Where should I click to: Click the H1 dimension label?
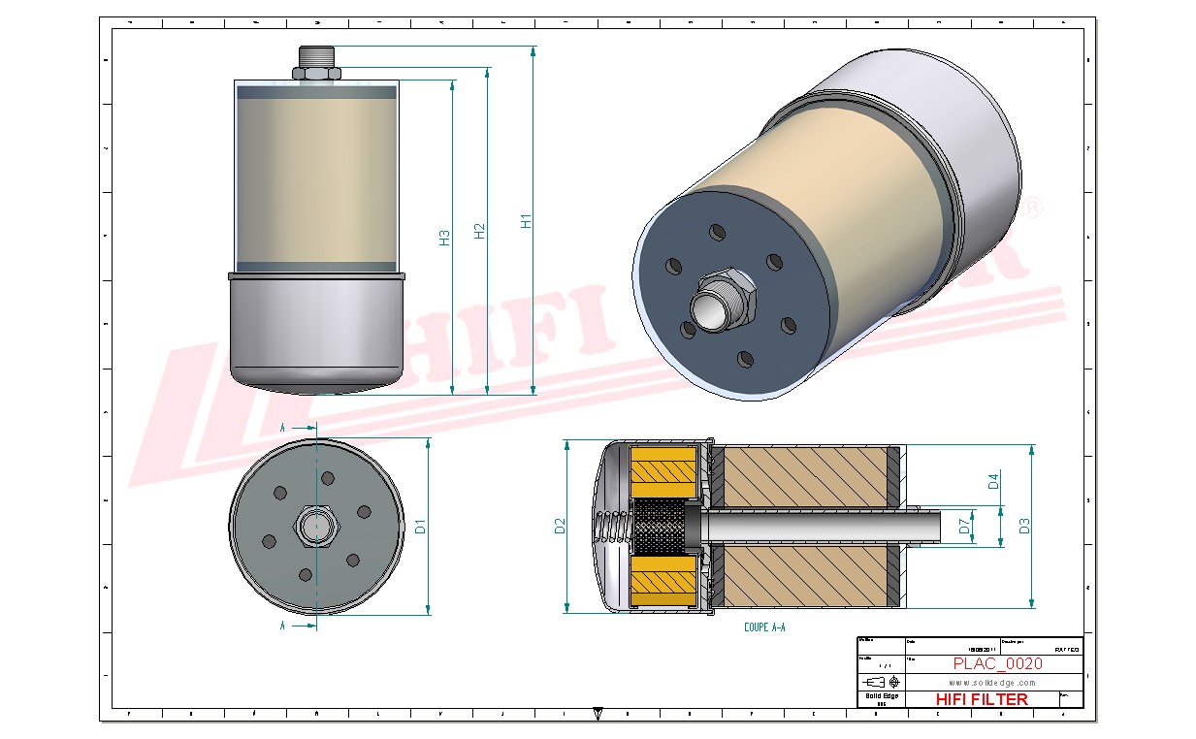(x=526, y=221)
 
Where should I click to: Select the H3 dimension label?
(x=444, y=238)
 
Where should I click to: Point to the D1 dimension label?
(x=421, y=527)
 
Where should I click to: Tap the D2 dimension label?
(x=560, y=527)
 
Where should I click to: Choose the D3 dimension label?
(x=1023, y=526)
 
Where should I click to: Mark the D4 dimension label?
(x=993, y=480)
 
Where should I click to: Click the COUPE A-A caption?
(x=764, y=627)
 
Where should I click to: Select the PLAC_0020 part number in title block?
(x=997, y=664)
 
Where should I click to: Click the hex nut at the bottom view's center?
(x=315, y=525)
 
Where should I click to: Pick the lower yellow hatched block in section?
(x=663, y=583)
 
